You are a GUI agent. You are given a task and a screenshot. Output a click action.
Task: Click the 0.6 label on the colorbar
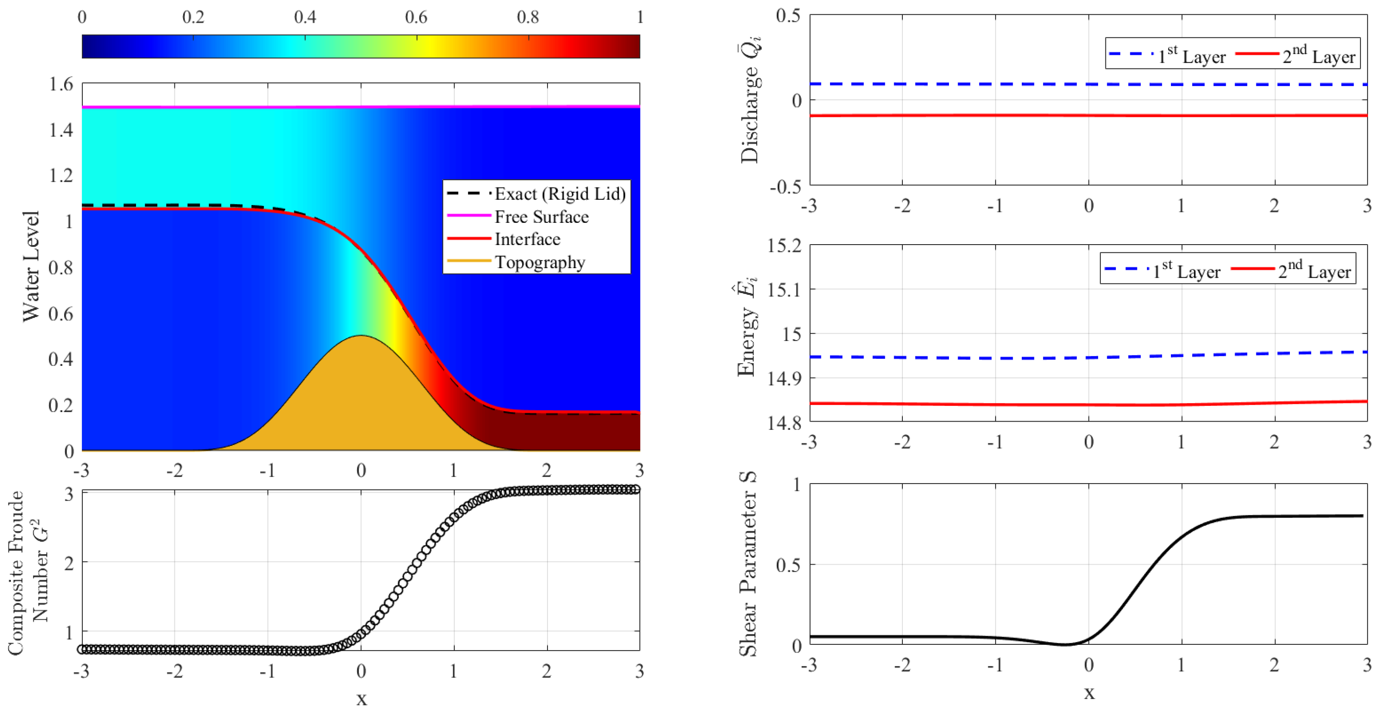pos(416,17)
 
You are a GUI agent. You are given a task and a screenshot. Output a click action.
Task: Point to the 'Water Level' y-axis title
pos(31,266)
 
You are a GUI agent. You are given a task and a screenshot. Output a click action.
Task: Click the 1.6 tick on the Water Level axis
pos(61,84)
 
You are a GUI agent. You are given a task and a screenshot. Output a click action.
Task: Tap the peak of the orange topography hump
pos(361,337)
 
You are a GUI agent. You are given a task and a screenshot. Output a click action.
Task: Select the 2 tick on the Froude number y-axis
pos(68,563)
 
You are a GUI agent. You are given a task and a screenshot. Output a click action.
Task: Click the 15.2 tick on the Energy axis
pos(784,245)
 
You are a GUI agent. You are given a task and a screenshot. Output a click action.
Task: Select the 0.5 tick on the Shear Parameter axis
pos(788,565)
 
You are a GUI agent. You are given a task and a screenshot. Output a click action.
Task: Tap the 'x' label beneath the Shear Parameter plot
pos(1089,693)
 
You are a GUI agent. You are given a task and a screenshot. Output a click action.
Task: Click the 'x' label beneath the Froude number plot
pos(361,698)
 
